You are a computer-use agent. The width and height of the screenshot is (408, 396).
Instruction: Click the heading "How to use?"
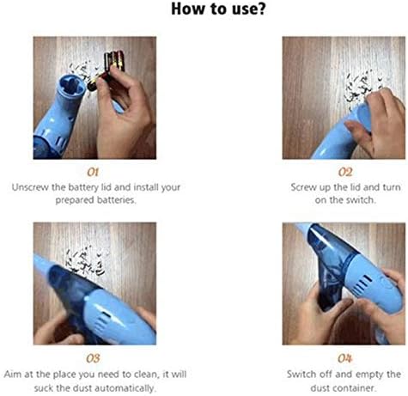tap(204, 10)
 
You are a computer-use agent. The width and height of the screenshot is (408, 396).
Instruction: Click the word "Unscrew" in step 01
tap(33, 186)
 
